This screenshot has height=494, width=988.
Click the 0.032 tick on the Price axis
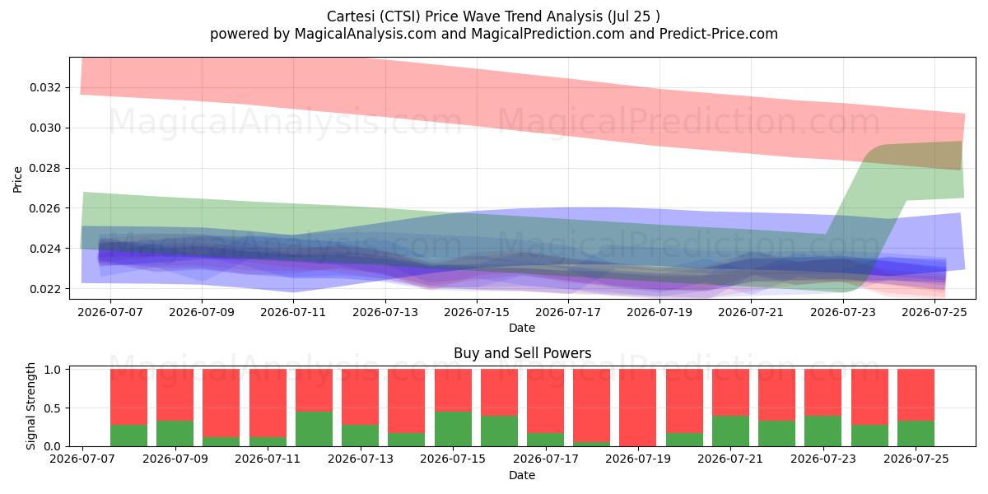45,87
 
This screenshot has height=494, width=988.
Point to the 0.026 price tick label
45,208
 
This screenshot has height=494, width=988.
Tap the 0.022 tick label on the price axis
45,289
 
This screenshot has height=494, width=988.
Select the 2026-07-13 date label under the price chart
385,312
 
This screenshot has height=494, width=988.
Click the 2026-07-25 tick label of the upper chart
934,312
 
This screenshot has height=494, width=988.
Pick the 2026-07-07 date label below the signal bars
82,459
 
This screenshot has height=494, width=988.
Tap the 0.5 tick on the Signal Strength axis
53,408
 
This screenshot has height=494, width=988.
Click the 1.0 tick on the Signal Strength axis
53,370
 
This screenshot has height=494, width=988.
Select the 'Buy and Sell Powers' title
522,353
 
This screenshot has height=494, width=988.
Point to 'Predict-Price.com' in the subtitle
719,34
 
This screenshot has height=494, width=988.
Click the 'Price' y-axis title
17,179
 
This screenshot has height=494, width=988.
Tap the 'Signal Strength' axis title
30,406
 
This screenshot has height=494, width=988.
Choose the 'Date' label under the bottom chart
522,475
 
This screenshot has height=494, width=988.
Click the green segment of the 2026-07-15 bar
453,429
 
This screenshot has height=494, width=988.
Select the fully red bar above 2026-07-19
637,408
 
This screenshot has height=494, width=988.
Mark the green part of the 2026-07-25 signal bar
916,434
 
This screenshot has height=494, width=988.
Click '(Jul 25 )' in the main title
633,16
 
